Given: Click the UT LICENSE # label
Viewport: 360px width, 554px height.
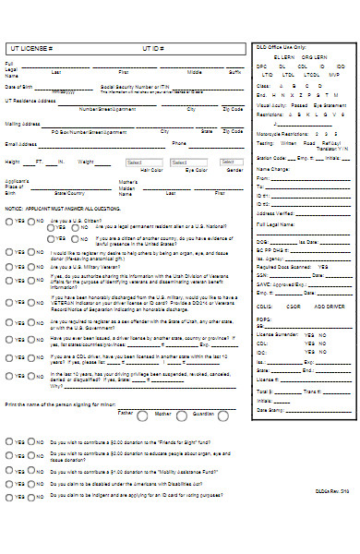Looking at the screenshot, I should (x=30, y=47).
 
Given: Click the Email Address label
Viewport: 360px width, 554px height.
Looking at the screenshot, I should (x=21, y=144).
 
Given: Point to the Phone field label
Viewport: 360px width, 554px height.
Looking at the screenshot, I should (x=179, y=144).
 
